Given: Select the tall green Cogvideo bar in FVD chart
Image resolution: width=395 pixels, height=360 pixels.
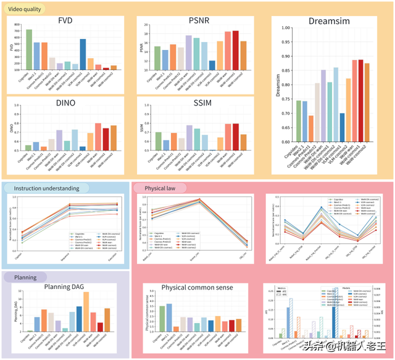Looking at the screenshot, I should pyautogui.click(x=29, y=49).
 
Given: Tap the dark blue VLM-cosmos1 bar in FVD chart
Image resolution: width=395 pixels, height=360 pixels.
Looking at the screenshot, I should pyautogui.click(x=83, y=54).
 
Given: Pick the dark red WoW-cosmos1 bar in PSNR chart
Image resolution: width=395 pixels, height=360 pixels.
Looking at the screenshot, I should pyautogui.click(x=235, y=50).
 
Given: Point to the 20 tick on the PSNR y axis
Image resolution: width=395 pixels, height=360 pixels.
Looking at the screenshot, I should pyautogui.click(x=146, y=25).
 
